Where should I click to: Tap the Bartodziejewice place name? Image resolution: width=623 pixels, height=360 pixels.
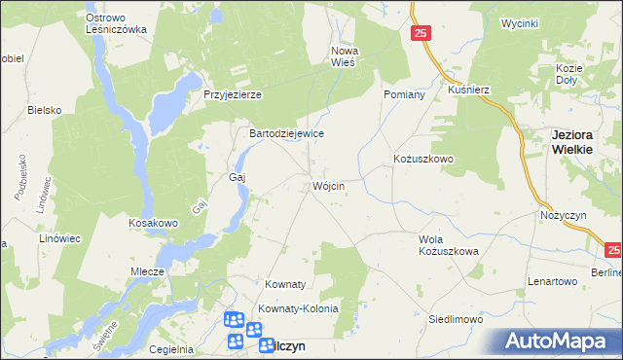pos(286,133)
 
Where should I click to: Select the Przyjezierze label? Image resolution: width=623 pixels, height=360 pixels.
pos(233,94)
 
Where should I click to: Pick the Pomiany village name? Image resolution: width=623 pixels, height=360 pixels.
pos(405,94)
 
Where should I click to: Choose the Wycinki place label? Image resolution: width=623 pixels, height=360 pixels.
pos(519,22)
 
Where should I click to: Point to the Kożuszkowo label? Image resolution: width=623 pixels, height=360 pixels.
pos(424,158)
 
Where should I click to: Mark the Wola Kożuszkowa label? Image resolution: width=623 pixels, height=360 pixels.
pos(449,245)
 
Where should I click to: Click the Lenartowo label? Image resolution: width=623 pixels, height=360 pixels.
pos(553,281)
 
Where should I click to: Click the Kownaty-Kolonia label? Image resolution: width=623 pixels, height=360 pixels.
pos(298,308)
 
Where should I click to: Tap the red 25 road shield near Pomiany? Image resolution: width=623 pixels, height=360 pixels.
pos(420,33)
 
